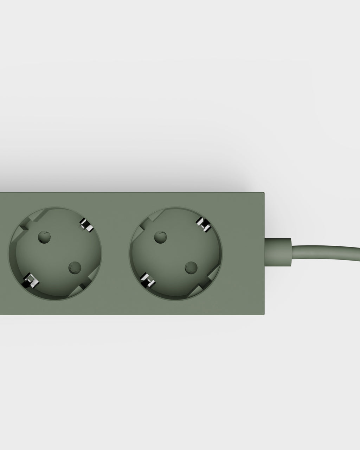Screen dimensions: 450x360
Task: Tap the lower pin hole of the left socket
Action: (x=74, y=268)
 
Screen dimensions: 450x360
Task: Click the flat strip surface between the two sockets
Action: (x=116, y=253)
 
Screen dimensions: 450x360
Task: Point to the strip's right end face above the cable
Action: (x=264, y=214)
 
